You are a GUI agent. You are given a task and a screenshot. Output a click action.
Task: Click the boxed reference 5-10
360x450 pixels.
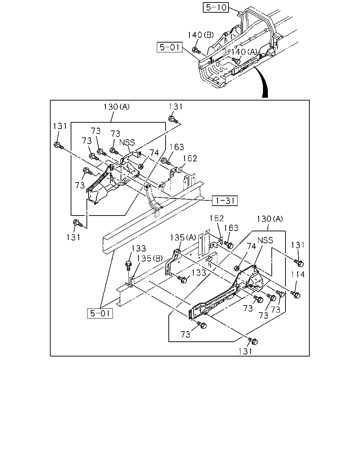click(x=216, y=7)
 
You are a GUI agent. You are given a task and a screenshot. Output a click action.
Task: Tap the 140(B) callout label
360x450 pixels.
click(x=201, y=35)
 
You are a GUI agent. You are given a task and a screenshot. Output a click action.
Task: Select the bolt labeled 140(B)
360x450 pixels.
click(x=196, y=50)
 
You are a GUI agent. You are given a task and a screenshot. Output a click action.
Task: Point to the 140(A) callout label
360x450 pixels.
click(x=244, y=52)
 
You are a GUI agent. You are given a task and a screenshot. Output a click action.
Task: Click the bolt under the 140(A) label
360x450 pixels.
click(x=236, y=61)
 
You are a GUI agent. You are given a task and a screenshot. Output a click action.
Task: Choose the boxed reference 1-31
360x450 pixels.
click(x=225, y=201)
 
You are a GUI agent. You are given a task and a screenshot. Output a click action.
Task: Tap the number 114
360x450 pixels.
click(x=298, y=274)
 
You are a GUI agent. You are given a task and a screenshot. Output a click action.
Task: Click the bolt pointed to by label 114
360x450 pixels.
click(x=295, y=294)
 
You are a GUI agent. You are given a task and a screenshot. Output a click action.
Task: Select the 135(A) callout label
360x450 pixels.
click(x=183, y=238)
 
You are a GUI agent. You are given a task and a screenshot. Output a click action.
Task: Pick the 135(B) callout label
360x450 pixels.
click(x=149, y=258)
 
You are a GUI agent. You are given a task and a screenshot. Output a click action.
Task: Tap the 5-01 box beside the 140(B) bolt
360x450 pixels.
click(x=170, y=47)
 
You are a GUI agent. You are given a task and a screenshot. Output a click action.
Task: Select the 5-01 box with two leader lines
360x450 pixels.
click(x=100, y=313)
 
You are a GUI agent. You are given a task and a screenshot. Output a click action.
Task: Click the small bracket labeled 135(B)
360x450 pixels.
click(x=130, y=282)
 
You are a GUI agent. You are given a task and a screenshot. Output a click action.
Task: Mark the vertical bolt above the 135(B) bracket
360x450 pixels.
click(x=128, y=265)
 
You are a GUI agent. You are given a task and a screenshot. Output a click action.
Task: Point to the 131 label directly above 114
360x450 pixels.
click(x=298, y=245)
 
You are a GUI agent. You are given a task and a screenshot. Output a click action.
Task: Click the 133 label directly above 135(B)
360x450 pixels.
click(x=139, y=248)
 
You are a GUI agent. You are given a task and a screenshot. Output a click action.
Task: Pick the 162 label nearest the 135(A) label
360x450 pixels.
click(x=217, y=218)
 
